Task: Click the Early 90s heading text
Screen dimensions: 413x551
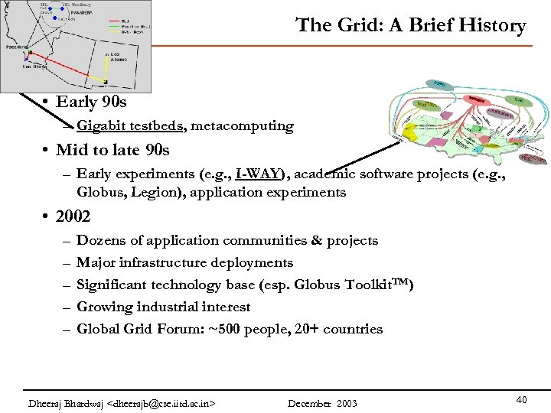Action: point(86,102)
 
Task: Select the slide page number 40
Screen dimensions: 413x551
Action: point(521,399)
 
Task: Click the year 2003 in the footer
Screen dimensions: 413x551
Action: point(345,403)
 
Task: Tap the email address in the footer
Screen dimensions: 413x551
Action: point(162,403)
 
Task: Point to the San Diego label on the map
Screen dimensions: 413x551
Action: point(34,67)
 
